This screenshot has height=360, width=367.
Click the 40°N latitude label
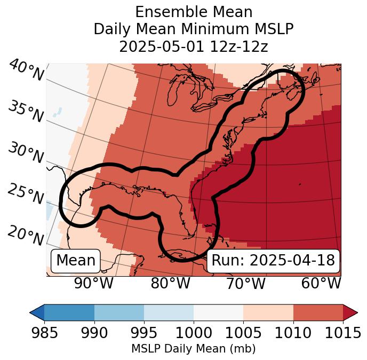(26, 71)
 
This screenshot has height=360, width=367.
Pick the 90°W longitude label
(93, 284)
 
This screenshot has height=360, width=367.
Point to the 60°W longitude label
(321, 284)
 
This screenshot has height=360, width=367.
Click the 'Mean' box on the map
(76, 261)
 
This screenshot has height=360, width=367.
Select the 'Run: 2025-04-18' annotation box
(273, 261)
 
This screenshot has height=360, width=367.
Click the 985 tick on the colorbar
(44, 333)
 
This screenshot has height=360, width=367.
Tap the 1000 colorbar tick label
(193, 333)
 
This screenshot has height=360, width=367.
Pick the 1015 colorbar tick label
(341, 333)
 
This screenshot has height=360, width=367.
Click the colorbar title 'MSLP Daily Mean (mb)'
(193, 349)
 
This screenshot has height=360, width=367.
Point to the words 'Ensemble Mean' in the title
(193, 12)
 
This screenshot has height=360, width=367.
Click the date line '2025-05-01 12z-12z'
(193, 46)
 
